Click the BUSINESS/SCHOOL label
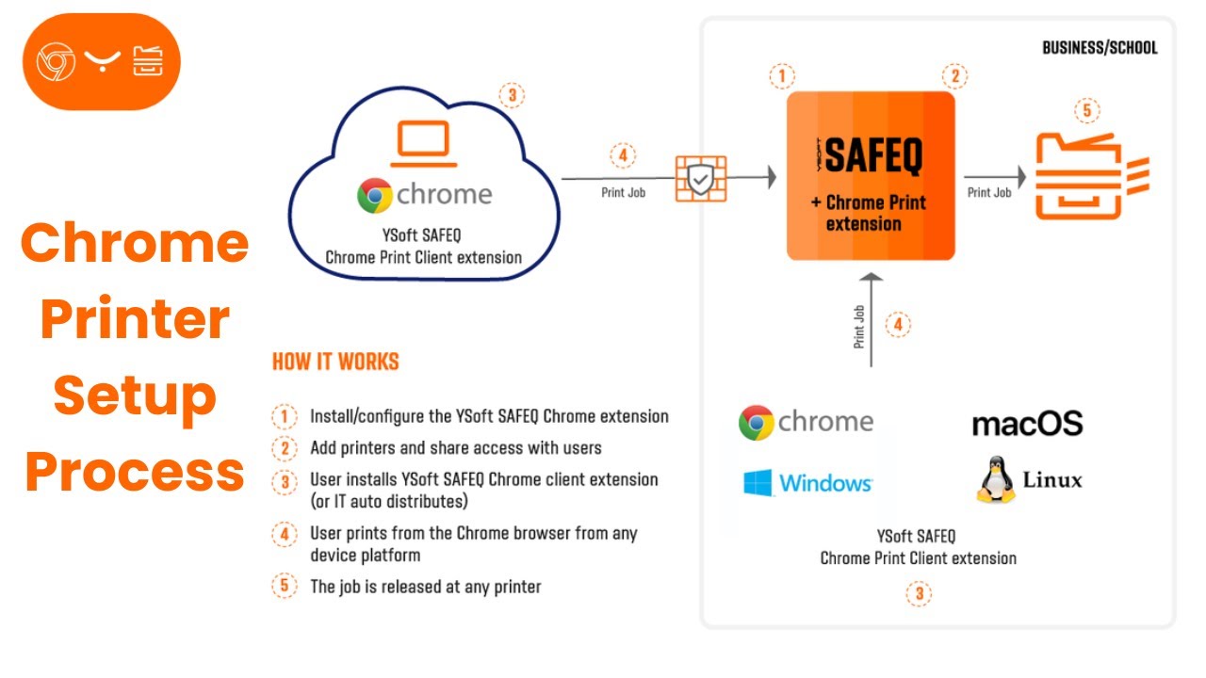pyautogui.click(x=1100, y=47)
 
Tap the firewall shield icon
pyautogui.click(x=700, y=177)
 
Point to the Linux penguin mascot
pyautogui.click(x=994, y=479)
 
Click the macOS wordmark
pyautogui.click(x=1027, y=424)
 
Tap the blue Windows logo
pyautogui.click(x=758, y=483)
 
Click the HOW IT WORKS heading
pyautogui.click(x=335, y=362)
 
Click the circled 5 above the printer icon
pyautogui.click(x=1086, y=111)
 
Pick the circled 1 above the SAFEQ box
pyautogui.click(x=782, y=76)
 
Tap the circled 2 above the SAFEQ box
pyautogui.click(x=954, y=76)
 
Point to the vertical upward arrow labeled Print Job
pyautogui.click(x=872, y=320)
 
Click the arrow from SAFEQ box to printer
pyautogui.click(x=994, y=176)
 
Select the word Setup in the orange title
pyautogui.click(x=135, y=395)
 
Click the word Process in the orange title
pyautogui.click(x=135, y=472)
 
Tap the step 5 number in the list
pyautogui.click(x=284, y=586)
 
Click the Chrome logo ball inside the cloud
pyautogui.click(x=375, y=196)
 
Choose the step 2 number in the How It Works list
pyautogui.click(x=284, y=447)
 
